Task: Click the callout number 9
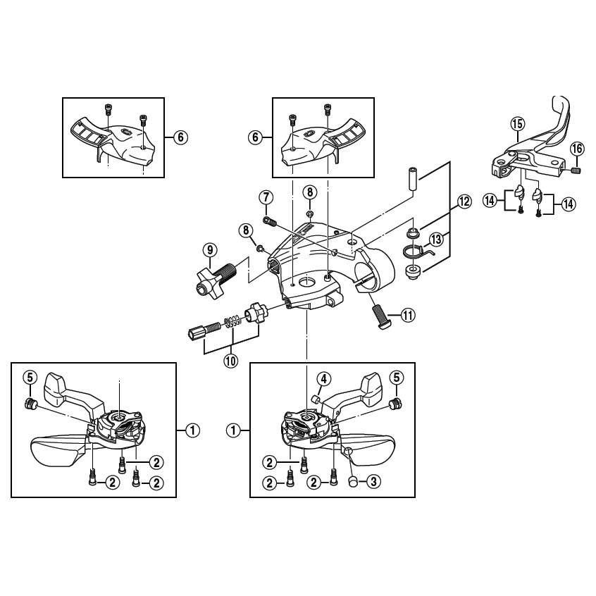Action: coord(209,249)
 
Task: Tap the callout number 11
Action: coord(407,315)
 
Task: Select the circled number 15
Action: coord(517,125)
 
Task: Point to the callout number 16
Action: coord(576,149)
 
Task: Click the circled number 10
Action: coord(230,361)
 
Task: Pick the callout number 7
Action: coord(266,197)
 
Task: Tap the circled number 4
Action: coord(322,379)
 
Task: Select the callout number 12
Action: coord(464,201)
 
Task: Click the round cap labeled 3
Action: coord(352,480)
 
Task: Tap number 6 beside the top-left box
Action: coord(180,137)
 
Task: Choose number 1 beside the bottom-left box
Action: coord(191,428)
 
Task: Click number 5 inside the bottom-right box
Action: coord(396,379)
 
